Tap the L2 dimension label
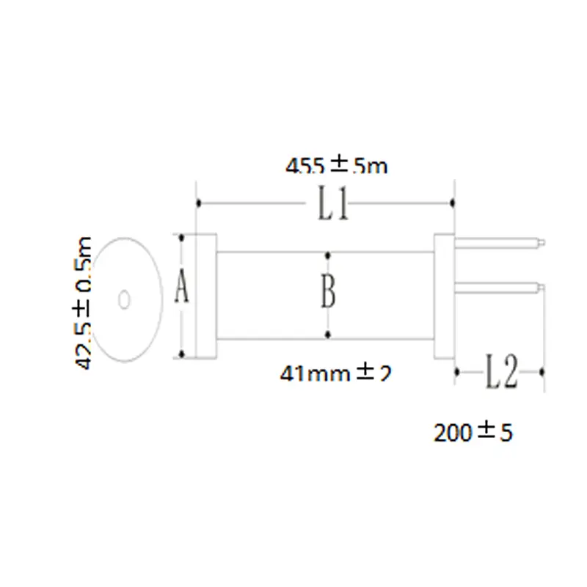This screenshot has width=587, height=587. (502, 372)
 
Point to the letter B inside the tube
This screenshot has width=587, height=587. (328, 292)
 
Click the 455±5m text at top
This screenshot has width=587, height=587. (336, 167)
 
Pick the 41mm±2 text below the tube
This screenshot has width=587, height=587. (335, 373)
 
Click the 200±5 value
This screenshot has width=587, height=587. (473, 433)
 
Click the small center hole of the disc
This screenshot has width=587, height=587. (124, 299)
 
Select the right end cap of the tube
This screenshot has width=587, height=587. (445, 296)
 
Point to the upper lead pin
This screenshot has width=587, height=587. (499, 240)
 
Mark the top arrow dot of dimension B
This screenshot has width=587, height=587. (328, 255)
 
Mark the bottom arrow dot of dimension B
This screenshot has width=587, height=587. (328, 335)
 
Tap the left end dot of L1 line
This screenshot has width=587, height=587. (197, 203)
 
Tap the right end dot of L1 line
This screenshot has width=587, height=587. (454, 203)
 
